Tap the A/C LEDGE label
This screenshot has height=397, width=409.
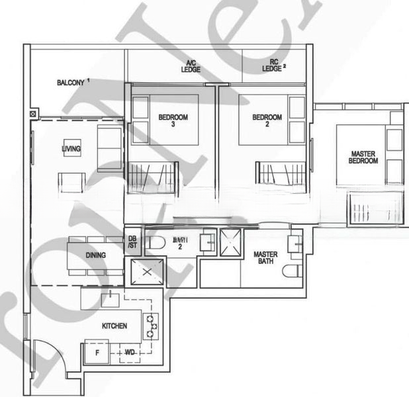click(191, 66)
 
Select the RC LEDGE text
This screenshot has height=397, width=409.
click(272, 64)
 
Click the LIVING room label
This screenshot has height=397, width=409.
click(71, 150)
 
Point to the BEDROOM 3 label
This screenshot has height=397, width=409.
click(173, 120)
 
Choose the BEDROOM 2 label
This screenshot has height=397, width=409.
click(267, 120)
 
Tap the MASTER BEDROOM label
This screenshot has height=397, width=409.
click(363, 157)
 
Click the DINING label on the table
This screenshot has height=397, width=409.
click(97, 255)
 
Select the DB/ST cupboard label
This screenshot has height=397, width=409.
click(132, 242)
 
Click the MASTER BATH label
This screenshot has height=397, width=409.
click(265, 259)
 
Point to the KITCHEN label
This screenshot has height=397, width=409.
click(114, 326)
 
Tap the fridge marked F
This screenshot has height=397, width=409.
click(97, 353)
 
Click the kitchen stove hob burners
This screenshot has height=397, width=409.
click(153, 326)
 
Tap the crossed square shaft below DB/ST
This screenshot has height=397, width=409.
click(144, 271)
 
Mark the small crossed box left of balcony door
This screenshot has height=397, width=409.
click(33, 114)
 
